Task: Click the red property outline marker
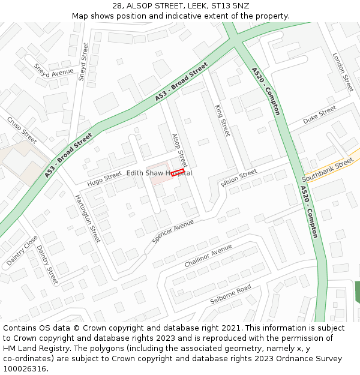tap(177, 173)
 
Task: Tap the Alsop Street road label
tap(179, 150)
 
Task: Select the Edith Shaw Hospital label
tap(159, 173)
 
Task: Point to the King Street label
tap(223, 120)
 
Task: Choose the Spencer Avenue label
tap(173, 231)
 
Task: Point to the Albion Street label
tap(239, 178)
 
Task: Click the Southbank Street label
tap(328, 170)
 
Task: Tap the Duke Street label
tap(319, 115)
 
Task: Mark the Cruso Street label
tap(22, 130)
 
